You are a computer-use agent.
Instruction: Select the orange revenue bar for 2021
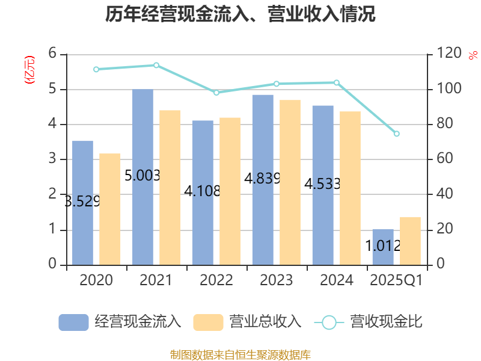170,187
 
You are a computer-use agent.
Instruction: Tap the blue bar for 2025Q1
383,247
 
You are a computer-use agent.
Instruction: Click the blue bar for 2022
203,193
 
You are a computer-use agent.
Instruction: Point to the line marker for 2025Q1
396,134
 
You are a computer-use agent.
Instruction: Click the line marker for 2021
156,65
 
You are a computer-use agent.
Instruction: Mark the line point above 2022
216,93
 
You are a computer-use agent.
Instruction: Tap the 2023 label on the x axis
276,280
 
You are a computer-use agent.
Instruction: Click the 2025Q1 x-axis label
396,280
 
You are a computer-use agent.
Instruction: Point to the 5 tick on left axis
52,89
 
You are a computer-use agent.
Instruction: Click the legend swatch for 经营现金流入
73,322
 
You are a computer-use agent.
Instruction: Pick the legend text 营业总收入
265,322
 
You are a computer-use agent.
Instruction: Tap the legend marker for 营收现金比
329,322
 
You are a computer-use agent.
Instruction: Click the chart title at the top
240,14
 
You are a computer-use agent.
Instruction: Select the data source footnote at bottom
240,354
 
